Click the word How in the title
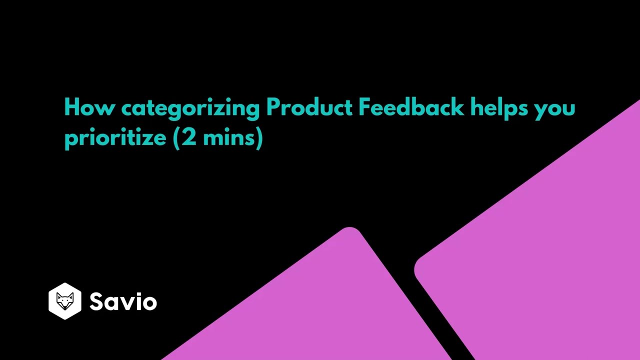[89, 107]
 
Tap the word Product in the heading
[309, 107]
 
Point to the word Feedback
[411, 107]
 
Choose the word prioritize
[115, 137]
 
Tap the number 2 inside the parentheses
[189, 137]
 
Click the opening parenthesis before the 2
[176, 137]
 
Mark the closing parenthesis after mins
[259, 137]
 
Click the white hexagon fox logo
[65, 301]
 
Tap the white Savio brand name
[123, 301]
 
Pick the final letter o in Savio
[149, 303]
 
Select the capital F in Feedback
[363, 107]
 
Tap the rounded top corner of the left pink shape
[350, 231]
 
